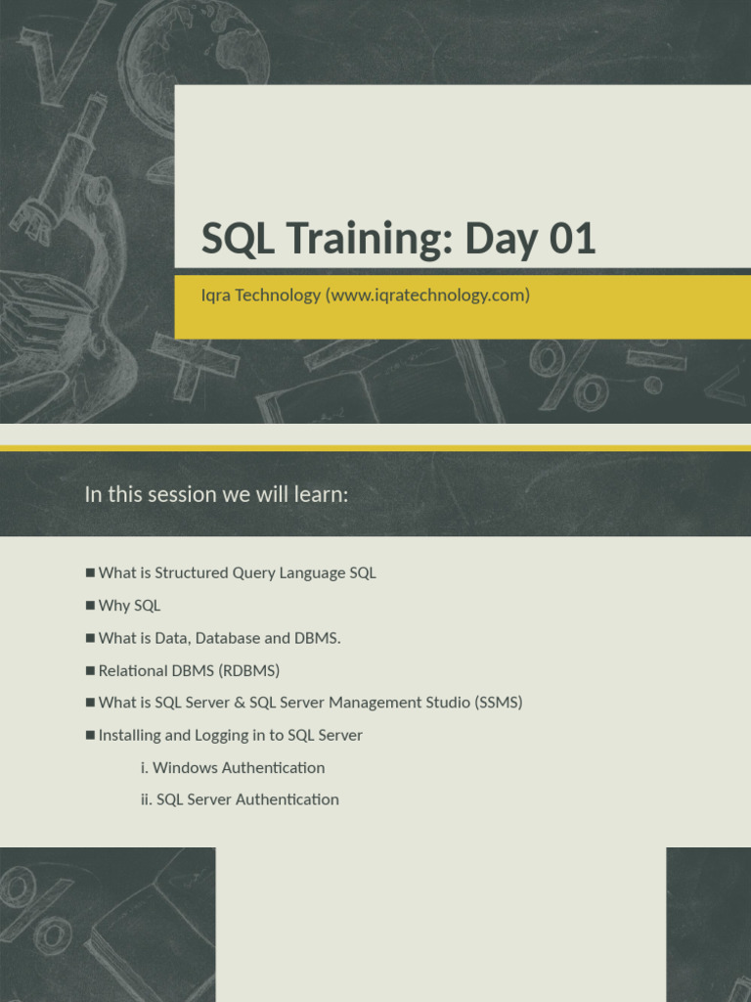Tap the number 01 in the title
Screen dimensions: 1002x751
click(x=572, y=240)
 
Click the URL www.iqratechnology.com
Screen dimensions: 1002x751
click(x=430, y=295)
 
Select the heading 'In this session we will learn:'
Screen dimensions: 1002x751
click(x=216, y=494)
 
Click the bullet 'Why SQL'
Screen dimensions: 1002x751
click(x=129, y=606)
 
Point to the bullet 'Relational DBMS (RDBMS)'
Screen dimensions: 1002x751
click(x=189, y=670)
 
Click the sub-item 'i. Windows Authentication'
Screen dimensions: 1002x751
click(x=233, y=767)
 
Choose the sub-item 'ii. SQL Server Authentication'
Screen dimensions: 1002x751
click(x=240, y=799)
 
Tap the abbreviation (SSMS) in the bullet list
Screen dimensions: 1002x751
click(x=499, y=703)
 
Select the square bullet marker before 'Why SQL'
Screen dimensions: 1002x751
click(x=90, y=606)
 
